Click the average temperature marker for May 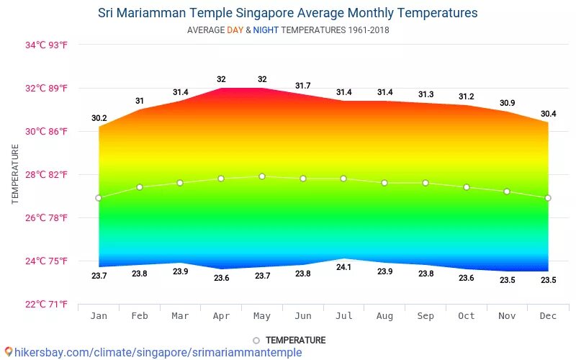coord(262,176)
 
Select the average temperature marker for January coord(99,198)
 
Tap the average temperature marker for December coord(548,198)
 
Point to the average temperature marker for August coord(384,183)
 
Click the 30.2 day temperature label coord(99,118)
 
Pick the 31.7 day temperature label coord(303,86)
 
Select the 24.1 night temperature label coord(343,268)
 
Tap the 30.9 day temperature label coord(508,104)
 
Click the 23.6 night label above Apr coord(221,278)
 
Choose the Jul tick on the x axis coord(343,315)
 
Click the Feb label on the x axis coord(140,315)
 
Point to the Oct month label coord(467,315)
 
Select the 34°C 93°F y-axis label coord(46,45)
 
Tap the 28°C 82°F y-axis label coord(46,174)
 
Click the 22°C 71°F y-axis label coord(46,304)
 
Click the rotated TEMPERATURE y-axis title coord(15,174)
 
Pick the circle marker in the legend coord(256,341)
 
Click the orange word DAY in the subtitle coord(235,30)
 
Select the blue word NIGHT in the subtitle coord(266,30)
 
